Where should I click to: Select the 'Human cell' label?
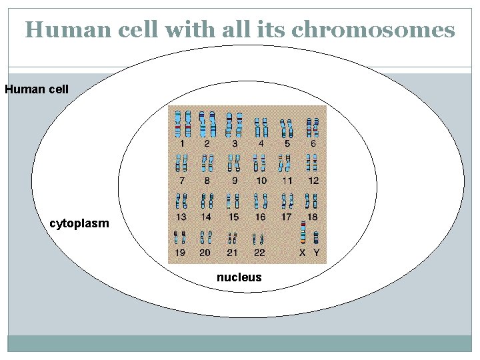pyautogui.click(x=37, y=89)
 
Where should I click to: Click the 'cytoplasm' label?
pyautogui.click(x=79, y=223)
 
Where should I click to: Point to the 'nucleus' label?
pyautogui.click(x=239, y=277)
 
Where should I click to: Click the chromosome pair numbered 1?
pyautogui.click(x=182, y=123)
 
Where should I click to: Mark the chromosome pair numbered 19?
pyautogui.click(x=180, y=237)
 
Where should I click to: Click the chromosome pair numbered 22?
pyautogui.click(x=259, y=239)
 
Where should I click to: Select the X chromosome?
pyautogui.click(x=303, y=233)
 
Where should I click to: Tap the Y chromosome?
pyautogui.click(x=316, y=237)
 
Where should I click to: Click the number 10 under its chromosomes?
pyautogui.click(x=261, y=181)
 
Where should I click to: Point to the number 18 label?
pyautogui.click(x=313, y=217)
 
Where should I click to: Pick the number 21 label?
pyautogui.click(x=233, y=253)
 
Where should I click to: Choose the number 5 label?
pyautogui.click(x=287, y=143)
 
